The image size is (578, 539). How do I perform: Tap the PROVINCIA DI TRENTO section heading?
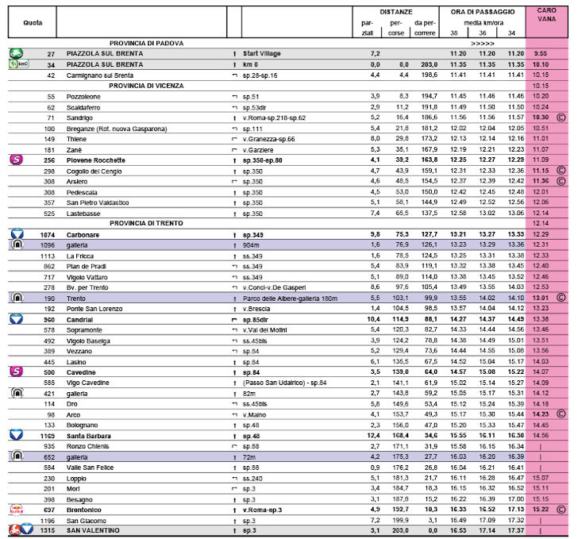147,223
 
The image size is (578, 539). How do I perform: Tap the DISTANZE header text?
395,13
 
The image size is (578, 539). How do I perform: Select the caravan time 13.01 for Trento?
541,297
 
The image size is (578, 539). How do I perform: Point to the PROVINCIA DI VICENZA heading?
147,85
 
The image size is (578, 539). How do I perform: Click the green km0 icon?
17,64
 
